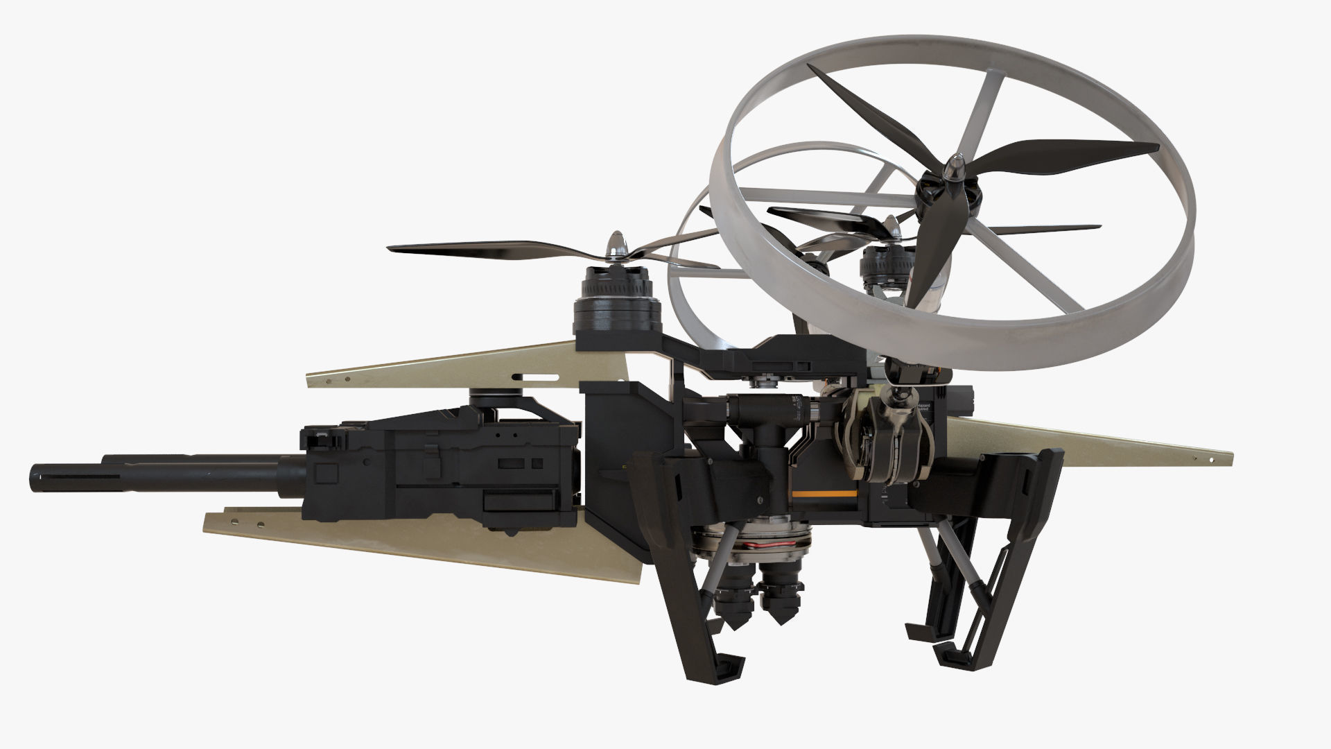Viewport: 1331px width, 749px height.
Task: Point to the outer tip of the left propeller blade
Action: pos(392,248)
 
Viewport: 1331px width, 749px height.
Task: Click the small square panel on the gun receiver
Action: pos(323,474)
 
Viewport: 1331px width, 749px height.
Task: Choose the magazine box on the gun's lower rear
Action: pos(520,505)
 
